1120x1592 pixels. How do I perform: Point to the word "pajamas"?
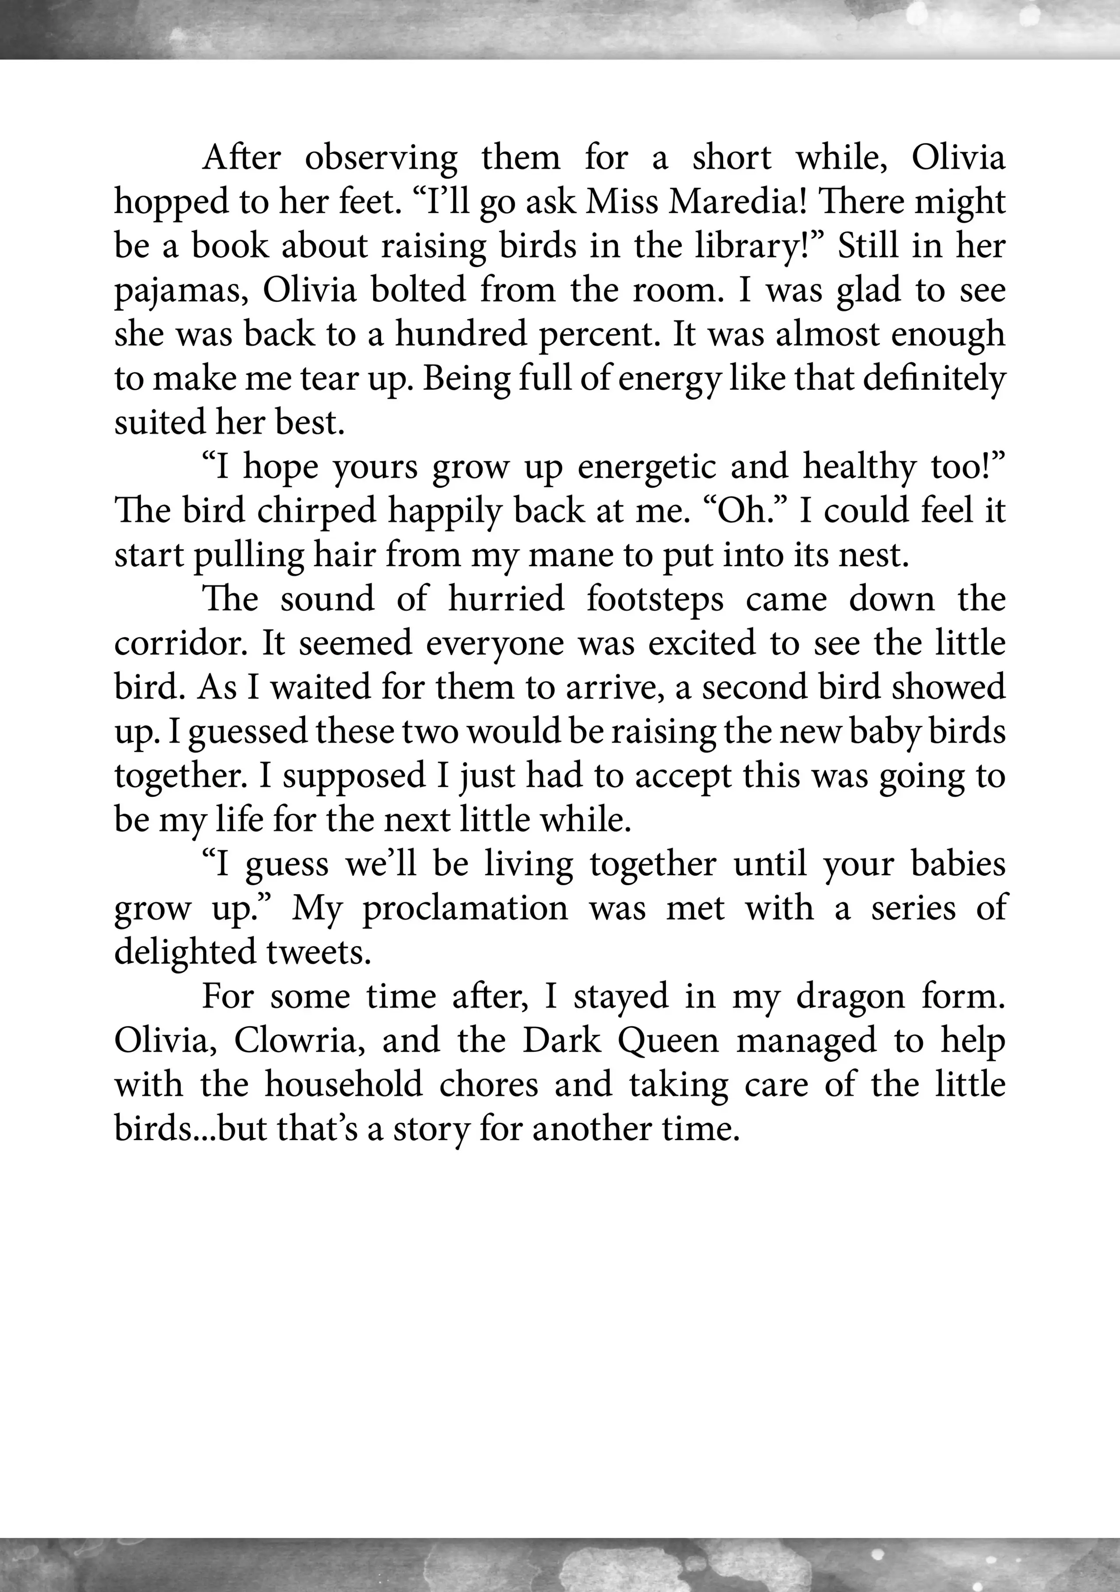pos(180,292)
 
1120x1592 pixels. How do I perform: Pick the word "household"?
pos(343,1085)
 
